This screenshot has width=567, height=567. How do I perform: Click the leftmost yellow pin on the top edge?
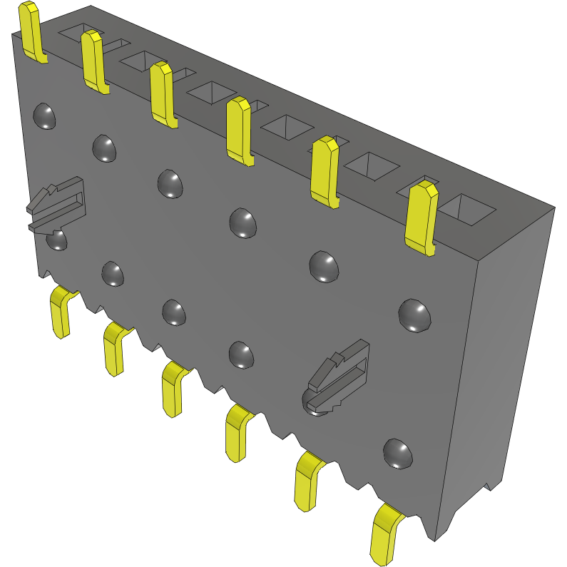[x=31, y=32]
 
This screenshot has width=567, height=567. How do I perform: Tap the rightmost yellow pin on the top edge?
[x=420, y=217]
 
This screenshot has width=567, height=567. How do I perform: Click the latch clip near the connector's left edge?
[x=57, y=207]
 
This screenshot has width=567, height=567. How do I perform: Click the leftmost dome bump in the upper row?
[x=45, y=116]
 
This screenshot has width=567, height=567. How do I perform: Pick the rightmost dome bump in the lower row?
[x=397, y=454]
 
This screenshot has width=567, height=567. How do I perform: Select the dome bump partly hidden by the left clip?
[x=57, y=240]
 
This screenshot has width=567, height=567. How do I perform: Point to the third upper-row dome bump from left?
[x=170, y=183]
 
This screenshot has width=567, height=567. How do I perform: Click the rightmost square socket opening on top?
[x=466, y=208]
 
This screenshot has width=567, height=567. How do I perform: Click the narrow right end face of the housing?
[x=499, y=357]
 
